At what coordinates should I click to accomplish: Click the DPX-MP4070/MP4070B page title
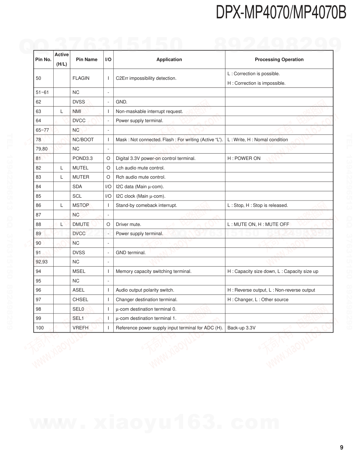tap(281, 13)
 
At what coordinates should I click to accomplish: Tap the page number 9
tap(341, 448)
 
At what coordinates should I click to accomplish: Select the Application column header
tap(169, 60)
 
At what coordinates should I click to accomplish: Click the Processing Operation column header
tap(279, 60)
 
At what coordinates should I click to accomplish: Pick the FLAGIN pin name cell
tap(81, 78)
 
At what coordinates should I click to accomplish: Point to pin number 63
tap(38, 112)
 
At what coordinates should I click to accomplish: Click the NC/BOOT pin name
tap(83, 140)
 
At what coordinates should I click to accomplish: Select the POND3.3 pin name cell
tap(83, 159)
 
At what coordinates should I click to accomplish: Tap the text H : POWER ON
tap(244, 159)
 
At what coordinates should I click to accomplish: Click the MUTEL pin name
tap(80, 168)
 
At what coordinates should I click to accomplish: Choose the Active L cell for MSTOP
tap(61, 205)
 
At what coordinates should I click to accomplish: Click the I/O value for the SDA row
tap(108, 187)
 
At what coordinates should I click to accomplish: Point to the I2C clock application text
tap(140, 196)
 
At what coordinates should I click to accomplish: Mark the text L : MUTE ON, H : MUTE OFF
tap(258, 225)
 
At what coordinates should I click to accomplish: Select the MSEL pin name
tap(79, 271)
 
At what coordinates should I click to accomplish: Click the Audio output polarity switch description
tap(145, 290)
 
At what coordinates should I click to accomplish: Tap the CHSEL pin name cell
tap(80, 300)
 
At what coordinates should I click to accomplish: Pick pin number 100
tap(40, 328)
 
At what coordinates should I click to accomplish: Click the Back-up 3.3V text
tap(241, 328)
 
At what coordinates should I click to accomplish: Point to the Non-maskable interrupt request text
tap(149, 112)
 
